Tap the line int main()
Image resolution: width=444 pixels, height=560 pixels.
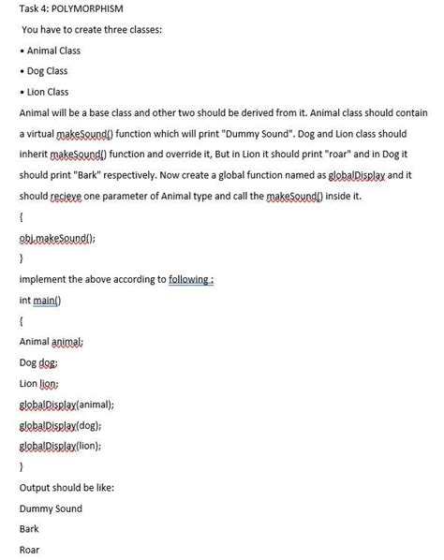pyautogui.click(x=38, y=302)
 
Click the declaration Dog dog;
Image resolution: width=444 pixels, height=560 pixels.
pyautogui.click(x=37, y=363)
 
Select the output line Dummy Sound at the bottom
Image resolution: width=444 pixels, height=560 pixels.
pyautogui.click(x=51, y=508)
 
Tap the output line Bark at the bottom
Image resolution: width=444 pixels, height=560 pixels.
pyautogui.click(x=29, y=529)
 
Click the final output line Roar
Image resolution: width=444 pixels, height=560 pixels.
pyautogui.click(x=29, y=550)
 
